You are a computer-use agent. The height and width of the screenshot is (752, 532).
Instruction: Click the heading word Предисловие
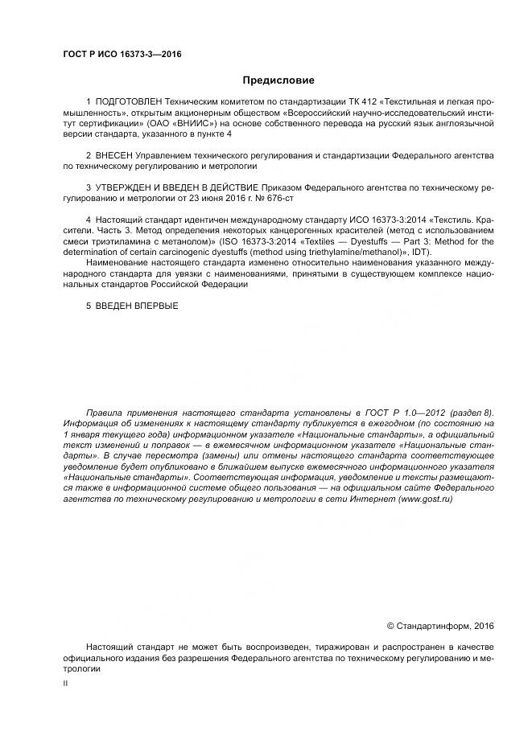(279, 80)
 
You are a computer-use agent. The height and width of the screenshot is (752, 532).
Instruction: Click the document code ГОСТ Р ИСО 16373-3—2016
(122, 54)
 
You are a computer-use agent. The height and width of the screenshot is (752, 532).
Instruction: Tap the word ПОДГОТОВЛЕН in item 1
(128, 103)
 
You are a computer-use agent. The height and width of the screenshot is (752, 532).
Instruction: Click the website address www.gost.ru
(424, 499)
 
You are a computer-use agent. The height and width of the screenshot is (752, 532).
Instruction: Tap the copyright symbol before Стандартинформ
(391, 625)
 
